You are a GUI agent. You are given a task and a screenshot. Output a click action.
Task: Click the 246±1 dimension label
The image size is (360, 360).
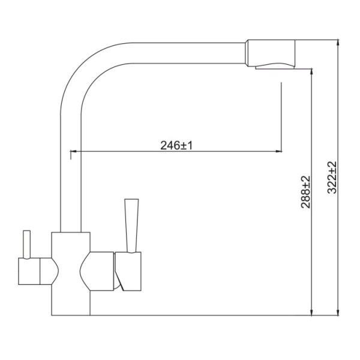(x=176, y=145)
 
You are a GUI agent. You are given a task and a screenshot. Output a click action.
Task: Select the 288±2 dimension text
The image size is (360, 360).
(x=305, y=192)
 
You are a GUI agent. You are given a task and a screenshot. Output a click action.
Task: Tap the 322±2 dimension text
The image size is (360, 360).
(x=332, y=178)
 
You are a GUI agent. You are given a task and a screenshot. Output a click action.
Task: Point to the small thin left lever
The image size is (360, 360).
(x=27, y=245)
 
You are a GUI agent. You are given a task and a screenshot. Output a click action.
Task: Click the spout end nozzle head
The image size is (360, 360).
(x=270, y=53)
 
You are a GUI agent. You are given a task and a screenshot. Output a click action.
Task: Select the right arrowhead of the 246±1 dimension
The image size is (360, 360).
(x=279, y=151)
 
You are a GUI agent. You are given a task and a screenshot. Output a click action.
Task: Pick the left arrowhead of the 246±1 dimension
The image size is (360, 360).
(x=73, y=151)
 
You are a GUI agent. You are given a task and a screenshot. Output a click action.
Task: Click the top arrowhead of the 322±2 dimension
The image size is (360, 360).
(x=338, y=43)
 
